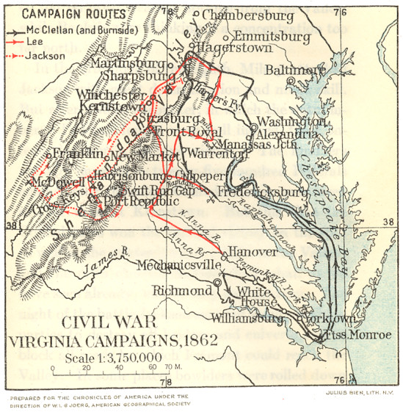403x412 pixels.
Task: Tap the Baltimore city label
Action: pyautogui.click(x=295, y=70)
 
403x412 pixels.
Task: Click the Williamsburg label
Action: pyautogui.click(x=246, y=319)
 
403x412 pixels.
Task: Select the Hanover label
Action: pyautogui.click(x=254, y=252)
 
